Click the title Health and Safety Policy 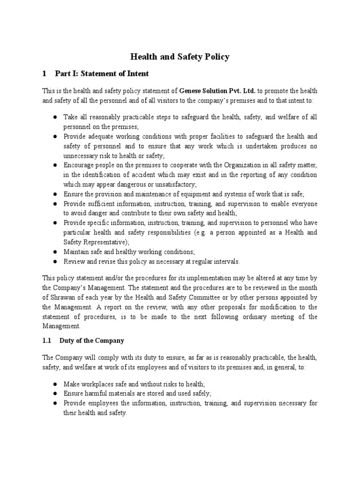coord(180,57)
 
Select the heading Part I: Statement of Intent coord(102,74)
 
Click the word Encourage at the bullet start coord(80,165)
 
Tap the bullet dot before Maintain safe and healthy coord(55,252)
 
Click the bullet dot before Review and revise coord(55,261)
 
